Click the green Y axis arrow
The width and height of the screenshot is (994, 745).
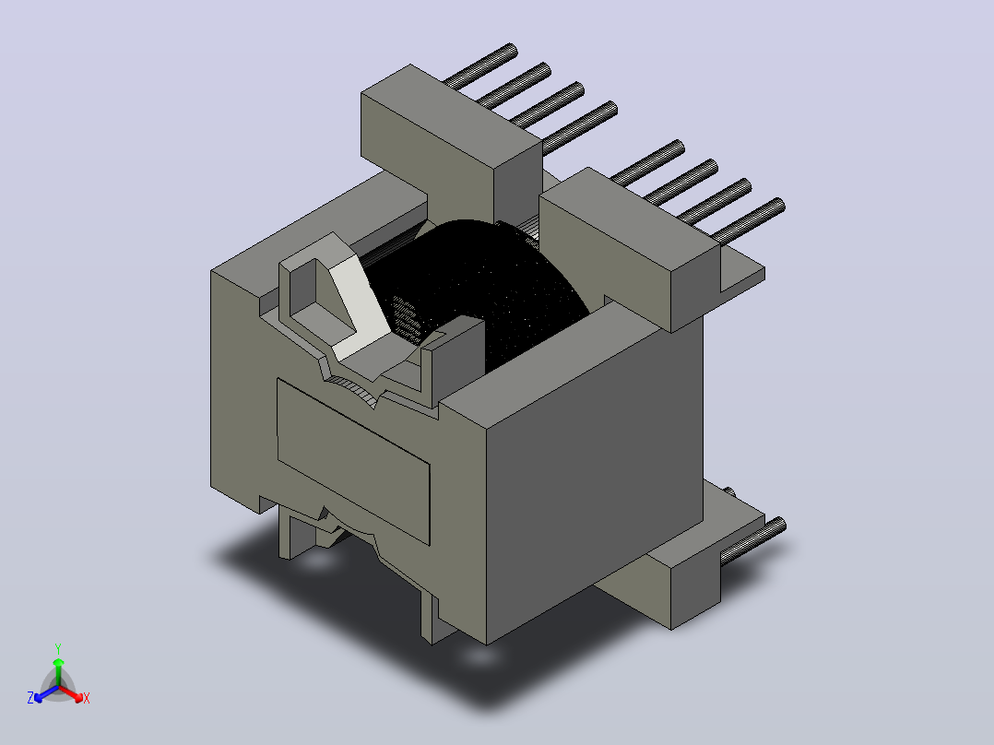click(58, 671)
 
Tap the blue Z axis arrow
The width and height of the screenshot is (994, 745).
click(46, 693)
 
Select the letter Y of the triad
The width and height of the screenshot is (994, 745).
click(58, 648)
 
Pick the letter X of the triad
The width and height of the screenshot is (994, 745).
click(87, 698)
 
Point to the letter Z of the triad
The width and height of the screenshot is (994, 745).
click(30, 697)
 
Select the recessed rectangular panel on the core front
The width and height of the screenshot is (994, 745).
click(353, 462)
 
